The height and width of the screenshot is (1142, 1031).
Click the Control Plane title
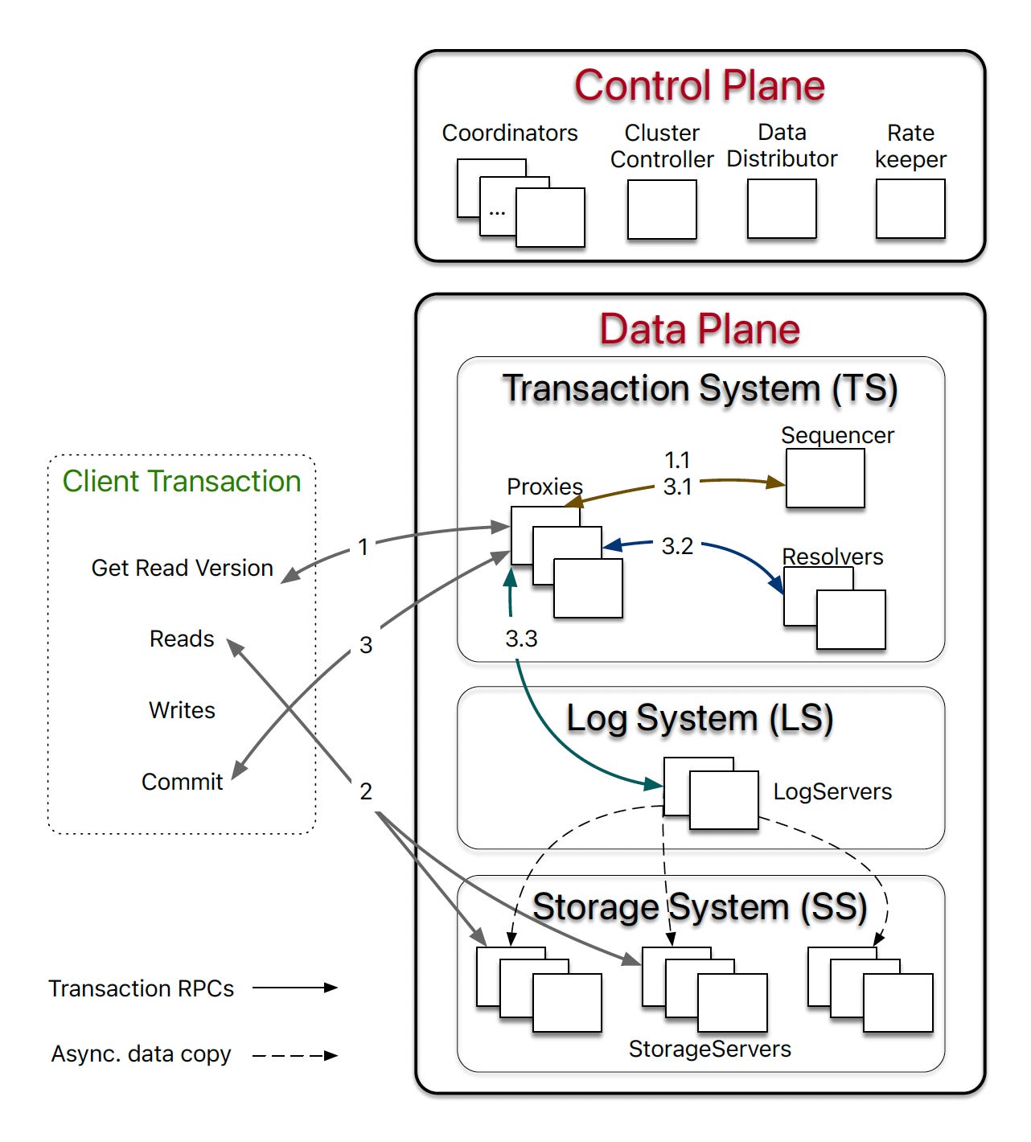pyautogui.click(x=699, y=86)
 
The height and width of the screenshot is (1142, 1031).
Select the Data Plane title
pyautogui.click(x=699, y=330)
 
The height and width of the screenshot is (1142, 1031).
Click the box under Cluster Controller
pyautogui.click(x=661, y=209)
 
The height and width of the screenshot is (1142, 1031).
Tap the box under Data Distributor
pyautogui.click(x=781, y=209)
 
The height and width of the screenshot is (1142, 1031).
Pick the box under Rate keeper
pyautogui.click(x=910, y=209)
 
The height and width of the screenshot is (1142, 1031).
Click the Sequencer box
pyautogui.click(x=824, y=478)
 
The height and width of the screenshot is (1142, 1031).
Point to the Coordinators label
pyautogui.click(x=509, y=133)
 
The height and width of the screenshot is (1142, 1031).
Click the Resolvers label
pyautogui.click(x=832, y=557)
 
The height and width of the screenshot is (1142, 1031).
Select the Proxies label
pyautogui.click(x=544, y=487)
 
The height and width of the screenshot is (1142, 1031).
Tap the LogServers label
pyautogui.click(x=832, y=791)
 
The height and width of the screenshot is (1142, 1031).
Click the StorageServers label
pyautogui.click(x=709, y=1049)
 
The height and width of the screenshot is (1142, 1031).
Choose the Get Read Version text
pyautogui.click(x=182, y=568)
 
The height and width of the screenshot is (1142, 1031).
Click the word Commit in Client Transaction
pyautogui.click(x=182, y=782)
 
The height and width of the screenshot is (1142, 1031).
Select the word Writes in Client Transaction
pyautogui.click(x=182, y=710)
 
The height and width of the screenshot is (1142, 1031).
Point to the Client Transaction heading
pyautogui.click(x=182, y=481)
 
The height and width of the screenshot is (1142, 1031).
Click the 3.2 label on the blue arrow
pyautogui.click(x=677, y=546)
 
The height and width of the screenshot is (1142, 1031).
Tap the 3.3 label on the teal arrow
pyautogui.click(x=521, y=639)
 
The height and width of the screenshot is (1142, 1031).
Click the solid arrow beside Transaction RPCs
pyautogui.click(x=295, y=988)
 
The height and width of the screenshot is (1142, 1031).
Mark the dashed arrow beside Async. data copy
pyautogui.click(x=295, y=1055)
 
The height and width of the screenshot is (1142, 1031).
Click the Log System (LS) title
pyautogui.click(x=699, y=718)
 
